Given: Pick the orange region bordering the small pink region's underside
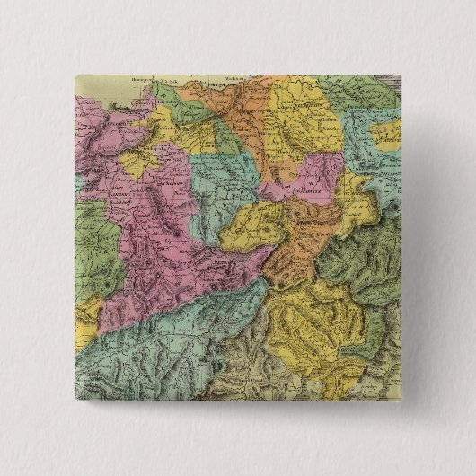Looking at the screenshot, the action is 292,247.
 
